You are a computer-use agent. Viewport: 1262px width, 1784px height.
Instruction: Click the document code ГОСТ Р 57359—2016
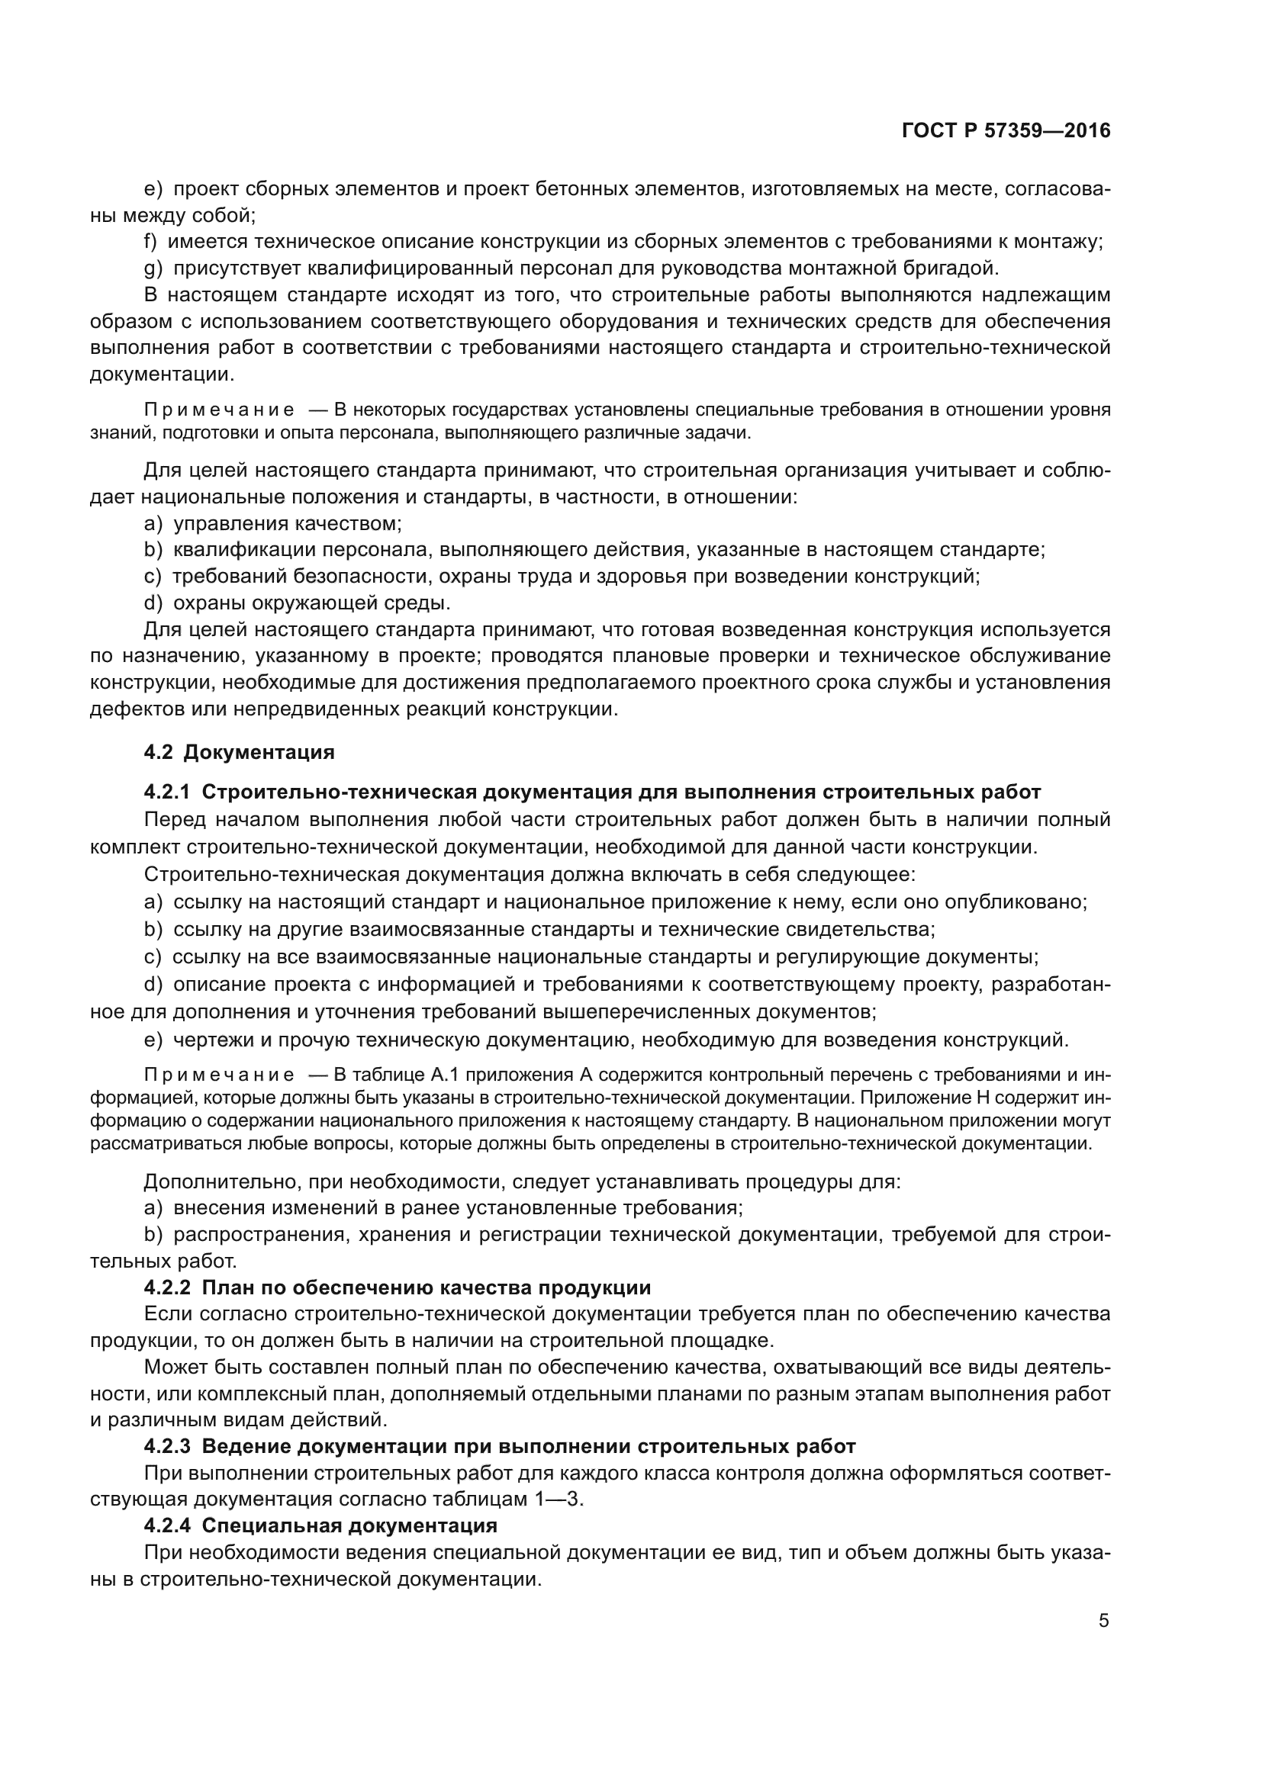pyautogui.click(x=1006, y=131)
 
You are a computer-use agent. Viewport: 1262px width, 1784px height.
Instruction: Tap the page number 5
pyautogui.click(x=1103, y=1621)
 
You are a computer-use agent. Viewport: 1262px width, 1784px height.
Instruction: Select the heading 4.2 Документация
pyautogui.click(x=240, y=752)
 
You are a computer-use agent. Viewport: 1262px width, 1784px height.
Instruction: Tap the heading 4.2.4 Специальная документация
pyautogui.click(x=320, y=1525)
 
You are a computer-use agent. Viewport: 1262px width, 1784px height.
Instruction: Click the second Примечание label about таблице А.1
pyautogui.click(x=219, y=1075)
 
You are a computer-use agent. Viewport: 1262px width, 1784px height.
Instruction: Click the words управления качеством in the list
pyautogui.click(x=287, y=524)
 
